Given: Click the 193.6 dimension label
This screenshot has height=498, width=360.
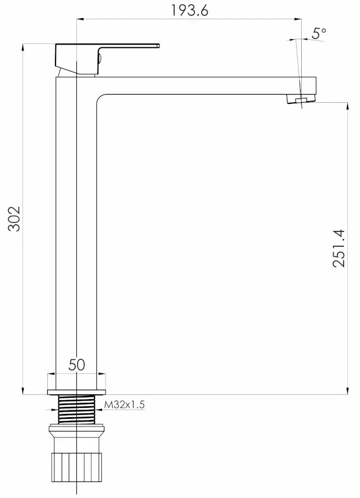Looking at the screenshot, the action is click(x=190, y=10).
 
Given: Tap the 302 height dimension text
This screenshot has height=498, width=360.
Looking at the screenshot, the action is click(x=14, y=219).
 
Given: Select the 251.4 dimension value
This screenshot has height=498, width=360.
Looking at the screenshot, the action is click(x=339, y=248).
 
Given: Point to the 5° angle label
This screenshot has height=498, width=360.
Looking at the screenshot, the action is click(x=319, y=33).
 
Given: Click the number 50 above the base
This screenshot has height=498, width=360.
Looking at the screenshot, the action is click(x=77, y=365).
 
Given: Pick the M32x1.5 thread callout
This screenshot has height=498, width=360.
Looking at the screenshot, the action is click(x=124, y=405).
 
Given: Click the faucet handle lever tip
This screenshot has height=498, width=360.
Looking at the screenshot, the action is click(x=158, y=46).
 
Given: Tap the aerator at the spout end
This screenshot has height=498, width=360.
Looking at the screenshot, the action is click(x=301, y=99).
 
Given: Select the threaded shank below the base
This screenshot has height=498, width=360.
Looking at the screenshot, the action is click(x=77, y=409).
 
